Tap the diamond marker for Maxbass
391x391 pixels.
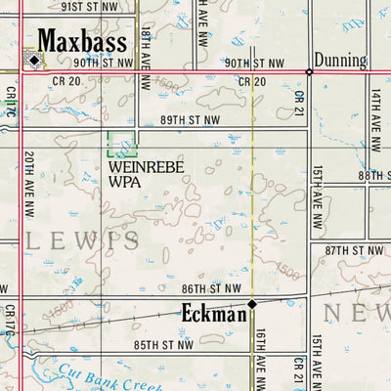(34, 60)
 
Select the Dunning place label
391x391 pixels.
(340, 61)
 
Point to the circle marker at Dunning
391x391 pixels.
(309, 71)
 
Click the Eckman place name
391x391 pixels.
(212, 314)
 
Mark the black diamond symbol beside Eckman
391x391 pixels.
(251, 304)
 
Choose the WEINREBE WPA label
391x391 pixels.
(136, 174)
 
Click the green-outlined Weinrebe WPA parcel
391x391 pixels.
(121, 145)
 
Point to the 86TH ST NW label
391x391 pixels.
(211, 288)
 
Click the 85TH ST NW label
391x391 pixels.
(163, 345)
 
